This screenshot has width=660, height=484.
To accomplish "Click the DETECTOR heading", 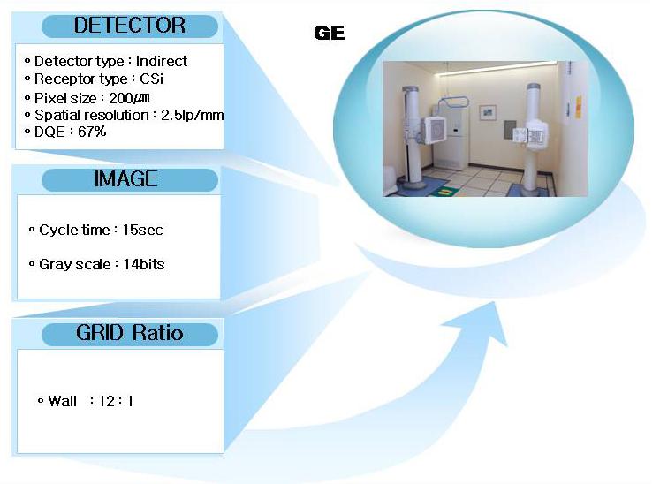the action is coord(130,26).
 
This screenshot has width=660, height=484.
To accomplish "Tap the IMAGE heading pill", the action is coord(130,179).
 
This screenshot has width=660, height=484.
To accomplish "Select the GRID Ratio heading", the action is coord(130,333).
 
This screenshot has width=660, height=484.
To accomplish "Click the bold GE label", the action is coord(330,33).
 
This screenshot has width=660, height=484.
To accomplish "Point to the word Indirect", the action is coord(161,62).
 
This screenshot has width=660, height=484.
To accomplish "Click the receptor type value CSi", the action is coord(151,79).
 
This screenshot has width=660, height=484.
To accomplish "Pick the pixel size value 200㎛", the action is coord(129,98).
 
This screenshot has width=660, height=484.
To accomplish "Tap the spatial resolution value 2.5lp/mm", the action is coord(192,115).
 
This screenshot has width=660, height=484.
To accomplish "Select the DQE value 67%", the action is coord(92,132).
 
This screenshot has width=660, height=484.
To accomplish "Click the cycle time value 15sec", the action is coord(143,230).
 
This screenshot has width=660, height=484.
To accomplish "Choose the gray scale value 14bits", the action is coord(144,264).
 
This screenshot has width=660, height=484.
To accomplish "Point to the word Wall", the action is coord(63,401).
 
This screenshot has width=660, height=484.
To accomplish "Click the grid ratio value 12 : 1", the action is coord(116,401).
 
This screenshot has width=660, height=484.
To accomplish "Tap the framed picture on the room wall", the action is coord(488,112).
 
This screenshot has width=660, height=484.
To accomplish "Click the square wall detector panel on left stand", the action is coord(436,130).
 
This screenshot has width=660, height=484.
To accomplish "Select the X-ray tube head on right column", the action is coord(531,134).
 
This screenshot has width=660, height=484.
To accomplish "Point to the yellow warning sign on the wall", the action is coord(579,107).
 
